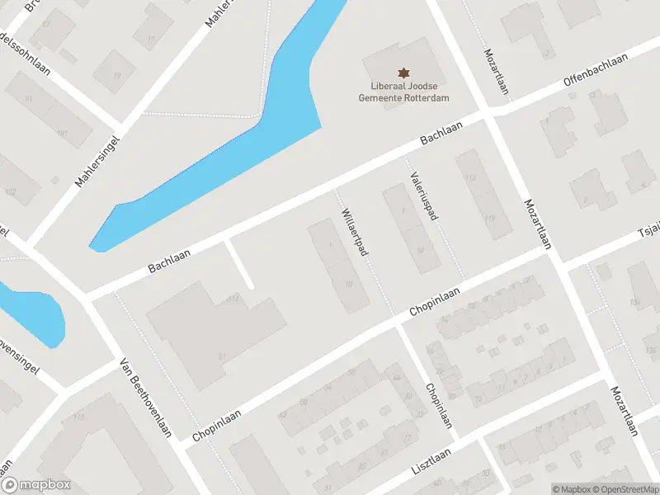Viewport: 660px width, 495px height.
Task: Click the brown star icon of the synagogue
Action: pos(403,73)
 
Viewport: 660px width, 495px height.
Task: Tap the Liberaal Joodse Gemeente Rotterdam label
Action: pos(403,92)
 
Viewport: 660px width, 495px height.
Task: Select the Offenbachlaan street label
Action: pos(596,70)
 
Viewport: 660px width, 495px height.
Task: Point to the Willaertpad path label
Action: pos(353,231)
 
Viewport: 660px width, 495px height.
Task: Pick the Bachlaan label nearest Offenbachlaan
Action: pos(441,131)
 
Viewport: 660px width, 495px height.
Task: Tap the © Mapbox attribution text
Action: pos(571,489)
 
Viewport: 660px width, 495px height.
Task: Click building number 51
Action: pos(222,356)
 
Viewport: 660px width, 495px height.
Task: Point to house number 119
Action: pos(490,219)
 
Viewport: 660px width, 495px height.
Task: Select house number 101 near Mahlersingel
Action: pos(62,133)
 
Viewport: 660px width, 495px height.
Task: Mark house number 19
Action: pos(116,76)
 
